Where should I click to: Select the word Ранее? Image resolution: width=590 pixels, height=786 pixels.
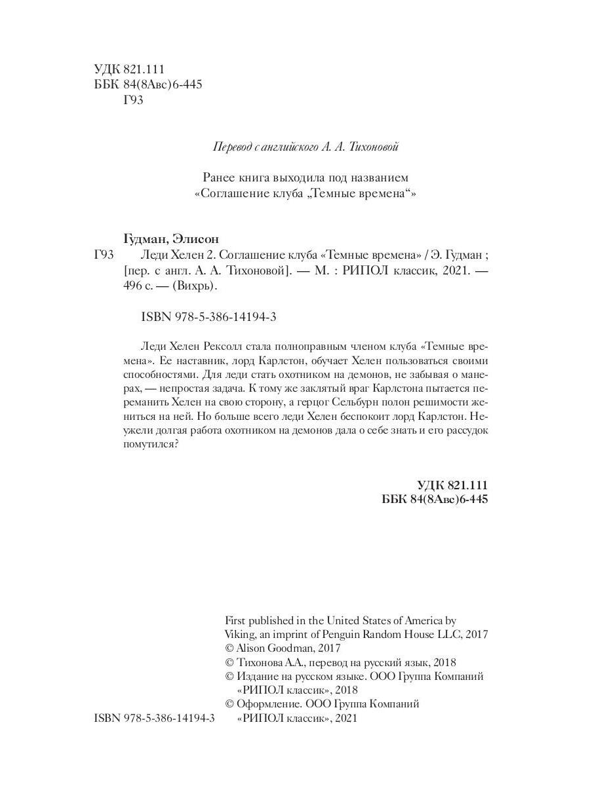coord(220,178)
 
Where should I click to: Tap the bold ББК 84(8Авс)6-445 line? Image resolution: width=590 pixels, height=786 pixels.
coord(435,500)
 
